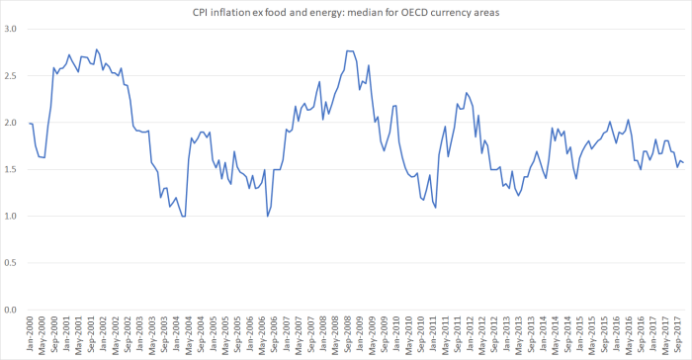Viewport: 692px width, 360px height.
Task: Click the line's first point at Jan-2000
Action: click(30, 124)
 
